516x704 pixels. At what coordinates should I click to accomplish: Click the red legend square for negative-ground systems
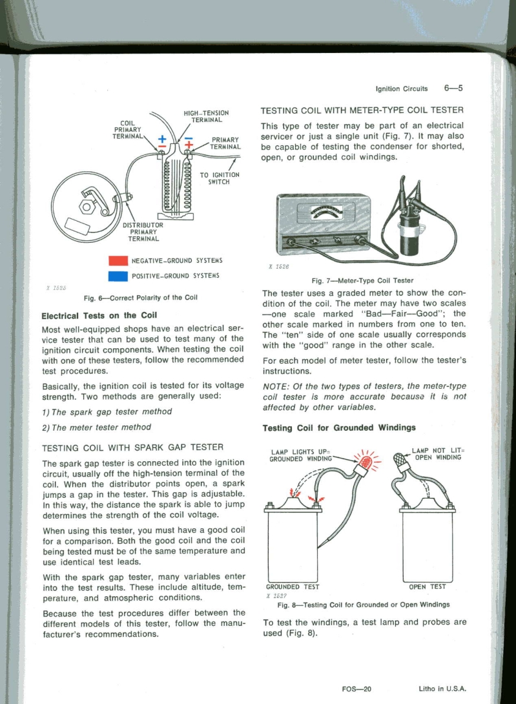pyautogui.click(x=118, y=261)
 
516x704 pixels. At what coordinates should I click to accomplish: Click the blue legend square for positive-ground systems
pyautogui.click(x=118, y=276)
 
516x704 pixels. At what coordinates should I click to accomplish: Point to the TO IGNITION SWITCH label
pyautogui.click(x=220, y=178)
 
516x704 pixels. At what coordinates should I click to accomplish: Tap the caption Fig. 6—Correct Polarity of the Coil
pyautogui.click(x=136, y=298)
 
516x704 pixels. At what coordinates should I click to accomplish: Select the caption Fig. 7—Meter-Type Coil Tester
pyautogui.click(x=362, y=280)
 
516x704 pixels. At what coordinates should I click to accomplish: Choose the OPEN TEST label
pyautogui.click(x=428, y=587)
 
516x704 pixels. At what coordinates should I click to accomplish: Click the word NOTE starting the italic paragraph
pyautogui.click(x=274, y=386)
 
